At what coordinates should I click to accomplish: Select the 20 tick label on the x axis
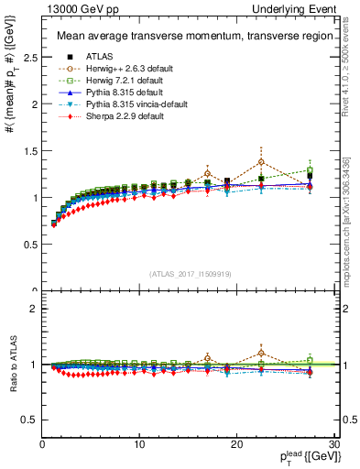point(236,444)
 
